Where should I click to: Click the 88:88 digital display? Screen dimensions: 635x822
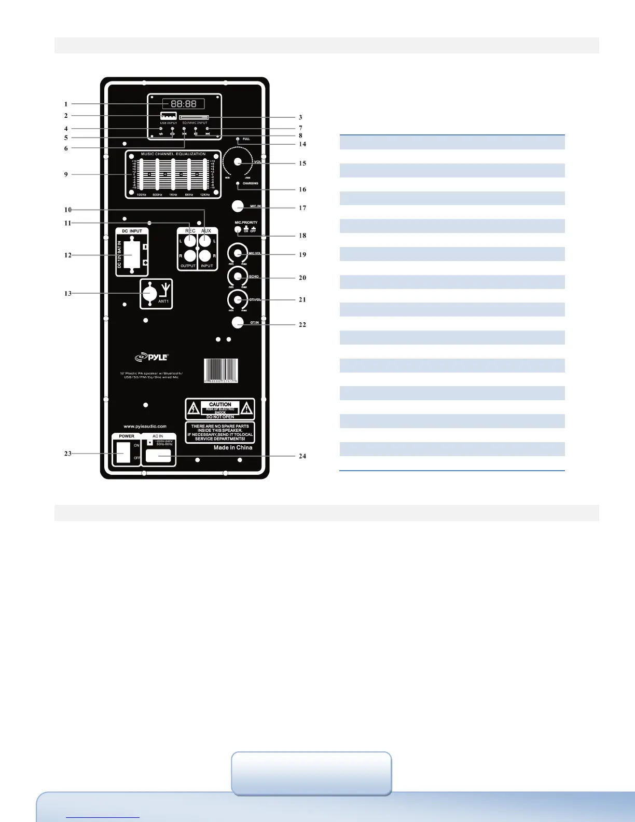point(184,104)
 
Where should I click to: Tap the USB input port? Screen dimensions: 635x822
point(168,116)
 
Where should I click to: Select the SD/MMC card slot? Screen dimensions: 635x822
point(194,117)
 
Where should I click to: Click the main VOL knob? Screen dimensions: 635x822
point(238,162)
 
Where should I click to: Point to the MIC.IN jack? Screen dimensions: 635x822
point(238,206)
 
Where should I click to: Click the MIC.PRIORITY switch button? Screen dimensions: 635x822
point(238,229)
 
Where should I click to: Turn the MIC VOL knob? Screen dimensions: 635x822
point(238,254)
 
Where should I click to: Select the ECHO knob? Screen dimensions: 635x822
point(238,277)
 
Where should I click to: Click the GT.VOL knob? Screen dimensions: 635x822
point(238,299)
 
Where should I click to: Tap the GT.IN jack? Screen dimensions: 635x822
point(238,322)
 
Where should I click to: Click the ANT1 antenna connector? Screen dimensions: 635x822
point(150,293)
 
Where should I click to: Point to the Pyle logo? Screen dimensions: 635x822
point(151,357)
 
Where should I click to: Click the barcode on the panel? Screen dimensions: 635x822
point(220,371)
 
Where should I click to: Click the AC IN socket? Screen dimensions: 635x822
point(158,456)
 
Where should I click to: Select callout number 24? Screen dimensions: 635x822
point(302,456)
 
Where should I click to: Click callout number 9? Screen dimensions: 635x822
point(66,174)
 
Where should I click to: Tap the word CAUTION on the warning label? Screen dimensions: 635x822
point(220,404)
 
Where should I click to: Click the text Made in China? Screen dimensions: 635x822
point(233,447)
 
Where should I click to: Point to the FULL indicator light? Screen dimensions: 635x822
point(238,139)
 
